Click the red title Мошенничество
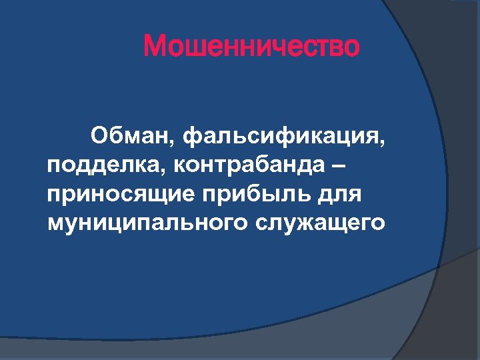[251, 47]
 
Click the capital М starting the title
[155, 47]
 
